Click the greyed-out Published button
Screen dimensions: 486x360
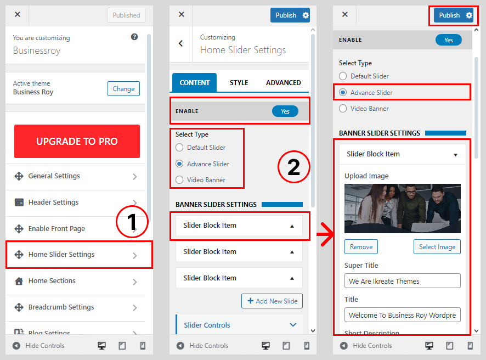pos(127,15)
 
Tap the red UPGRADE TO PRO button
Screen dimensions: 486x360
pos(77,142)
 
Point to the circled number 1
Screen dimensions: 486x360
pos(132,221)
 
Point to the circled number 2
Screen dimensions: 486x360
pos(293,167)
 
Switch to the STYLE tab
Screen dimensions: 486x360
pos(239,83)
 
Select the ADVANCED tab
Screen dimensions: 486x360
pos(283,83)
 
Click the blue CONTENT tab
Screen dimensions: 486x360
pos(194,83)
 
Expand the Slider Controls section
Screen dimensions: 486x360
pos(239,325)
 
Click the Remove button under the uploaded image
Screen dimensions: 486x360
pos(361,247)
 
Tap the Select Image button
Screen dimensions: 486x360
pos(437,247)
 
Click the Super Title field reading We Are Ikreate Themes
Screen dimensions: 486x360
pos(402,281)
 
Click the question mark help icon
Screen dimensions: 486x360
pos(134,37)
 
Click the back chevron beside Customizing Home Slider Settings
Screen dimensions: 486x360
pos(180,43)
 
